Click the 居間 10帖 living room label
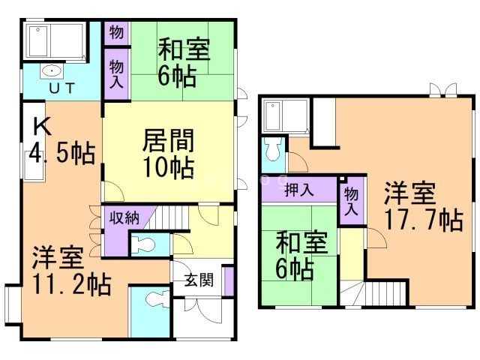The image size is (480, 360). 168,154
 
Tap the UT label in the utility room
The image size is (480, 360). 61,88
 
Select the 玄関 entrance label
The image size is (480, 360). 199,280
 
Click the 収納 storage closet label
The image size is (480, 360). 124,217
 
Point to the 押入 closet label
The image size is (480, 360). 299,190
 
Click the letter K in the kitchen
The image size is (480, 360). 42,127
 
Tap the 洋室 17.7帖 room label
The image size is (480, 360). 423,206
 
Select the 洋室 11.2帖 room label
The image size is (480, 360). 72,270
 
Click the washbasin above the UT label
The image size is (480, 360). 52,72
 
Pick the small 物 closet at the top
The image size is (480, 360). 117,33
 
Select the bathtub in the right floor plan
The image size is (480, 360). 285,116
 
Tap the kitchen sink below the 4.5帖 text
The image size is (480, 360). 34,166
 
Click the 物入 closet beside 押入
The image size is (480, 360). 352,202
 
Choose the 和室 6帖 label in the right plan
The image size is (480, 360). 301,256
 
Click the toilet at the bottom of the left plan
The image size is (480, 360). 157,299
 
